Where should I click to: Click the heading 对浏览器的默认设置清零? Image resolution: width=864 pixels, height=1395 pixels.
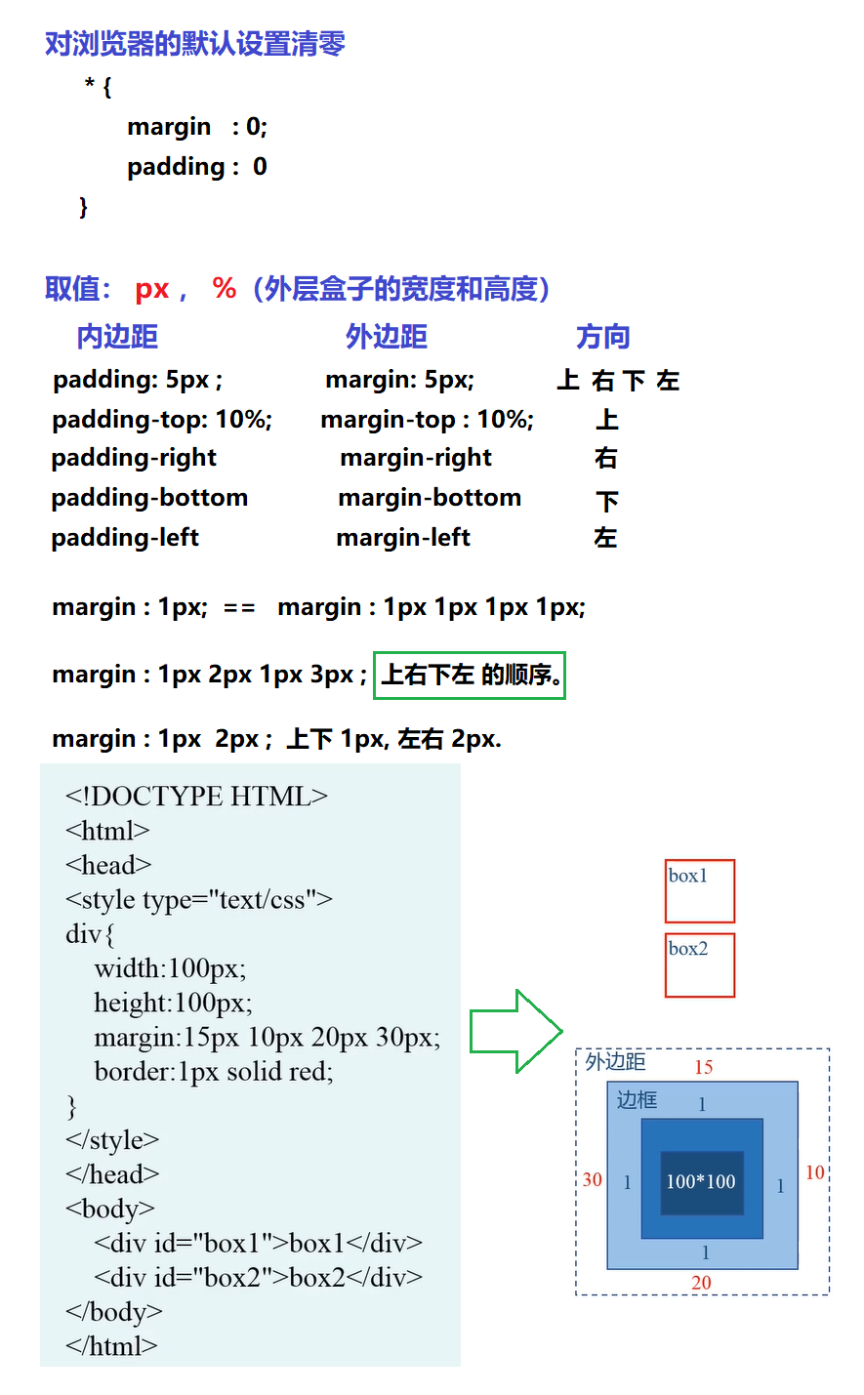(x=195, y=44)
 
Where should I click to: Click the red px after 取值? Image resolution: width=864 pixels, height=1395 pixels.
(x=152, y=289)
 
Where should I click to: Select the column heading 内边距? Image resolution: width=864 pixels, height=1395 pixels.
(x=117, y=337)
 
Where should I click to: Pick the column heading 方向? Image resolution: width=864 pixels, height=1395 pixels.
(x=602, y=337)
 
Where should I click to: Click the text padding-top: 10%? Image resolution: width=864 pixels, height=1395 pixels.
(x=162, y=420)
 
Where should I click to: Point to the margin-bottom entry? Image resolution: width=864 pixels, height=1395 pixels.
(x=430, y=498)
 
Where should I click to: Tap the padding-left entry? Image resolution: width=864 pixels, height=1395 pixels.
(x=125, y=538)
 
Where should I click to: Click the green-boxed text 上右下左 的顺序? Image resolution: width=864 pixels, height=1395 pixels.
(x=470, y=676)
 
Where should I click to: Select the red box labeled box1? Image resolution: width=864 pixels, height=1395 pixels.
(x=699, y=891)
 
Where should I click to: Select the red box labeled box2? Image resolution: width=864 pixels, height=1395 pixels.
(x=699, y=965)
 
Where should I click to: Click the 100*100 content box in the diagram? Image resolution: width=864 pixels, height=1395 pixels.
(x=701, y=1182)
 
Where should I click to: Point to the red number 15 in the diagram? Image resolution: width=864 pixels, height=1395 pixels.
(x=704, y=1067)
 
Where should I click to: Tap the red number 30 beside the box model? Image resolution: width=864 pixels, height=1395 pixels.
(x=593, y=1179)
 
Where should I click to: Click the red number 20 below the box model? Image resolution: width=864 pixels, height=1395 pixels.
(x=701, y=1283)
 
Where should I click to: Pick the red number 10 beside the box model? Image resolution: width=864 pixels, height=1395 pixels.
(x=815, y=1172)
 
